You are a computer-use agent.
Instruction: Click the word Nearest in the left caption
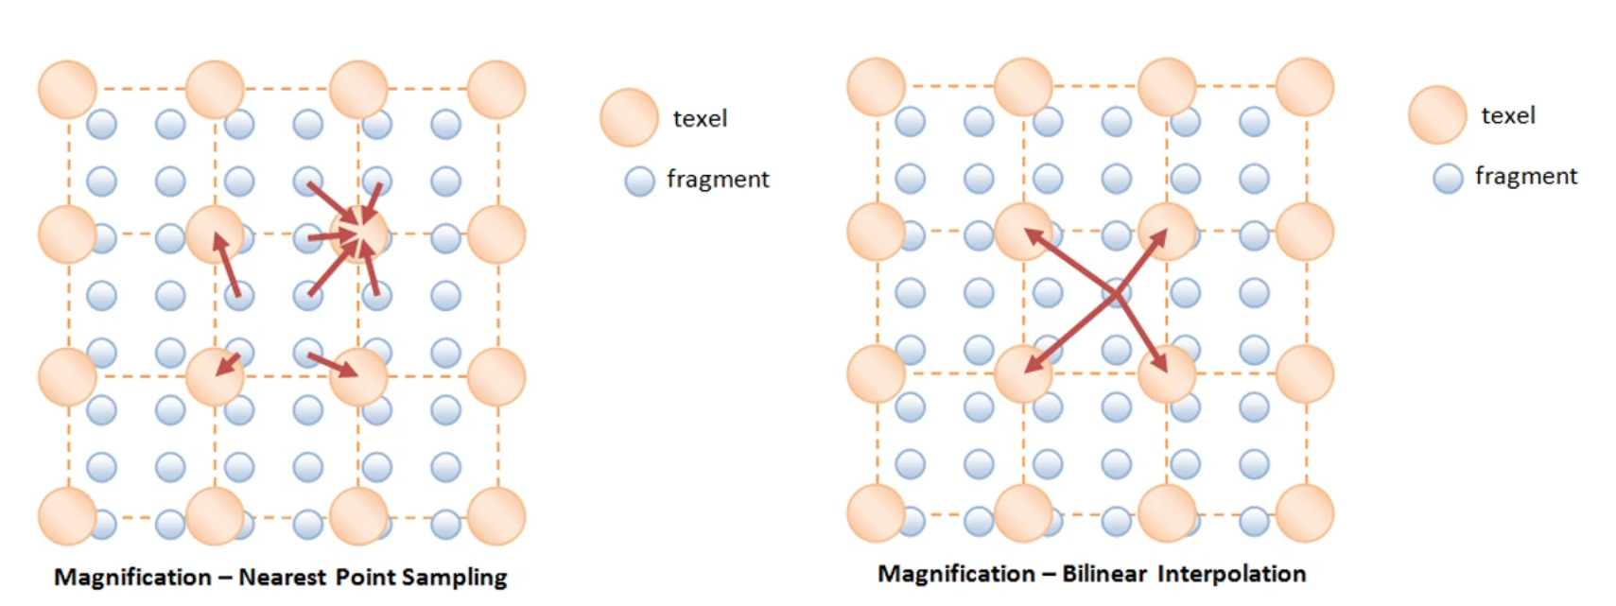pyautogui.click(x=281, y=577)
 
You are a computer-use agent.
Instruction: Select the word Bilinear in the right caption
pyautogui.click(x=1103, y=574)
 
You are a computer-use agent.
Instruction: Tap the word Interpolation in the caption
pyautogui.click(x=1231, y=574)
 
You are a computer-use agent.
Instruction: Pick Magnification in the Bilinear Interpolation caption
pyautogui.click(x=956, y=574)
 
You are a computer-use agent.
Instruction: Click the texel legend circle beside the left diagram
pyautogui.click(x=629, y=117)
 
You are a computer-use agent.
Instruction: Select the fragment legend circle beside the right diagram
pyautogui.click(x=1448, y=178)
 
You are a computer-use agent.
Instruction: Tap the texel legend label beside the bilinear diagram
pyautogui.click(x=1507, y=115)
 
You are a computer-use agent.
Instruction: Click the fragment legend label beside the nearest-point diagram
pyautogui.click(x=718, y=179)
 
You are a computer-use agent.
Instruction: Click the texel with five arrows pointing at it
pyautogui.click(x=358, y=234)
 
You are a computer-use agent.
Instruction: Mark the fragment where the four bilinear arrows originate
pyautogui.click(x=1117, y=294)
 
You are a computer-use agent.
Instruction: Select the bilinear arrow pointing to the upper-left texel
pyautogui.click(x=1069, y=261)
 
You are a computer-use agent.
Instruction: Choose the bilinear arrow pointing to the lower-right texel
pyautogui.click(x=1142, y=333)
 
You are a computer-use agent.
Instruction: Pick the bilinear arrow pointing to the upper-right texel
pyautogui.click(x=1142, y=261)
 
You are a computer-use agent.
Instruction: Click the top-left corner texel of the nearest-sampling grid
pyautogui.click(x=67, y=90)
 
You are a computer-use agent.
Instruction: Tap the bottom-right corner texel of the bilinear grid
pyautogui.click(x=1304, y=512)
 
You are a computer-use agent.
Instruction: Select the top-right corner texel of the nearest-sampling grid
pyautogui.click(x=496, y=90)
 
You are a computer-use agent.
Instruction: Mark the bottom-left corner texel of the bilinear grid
pyautogui.click(x=876, y=512)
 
